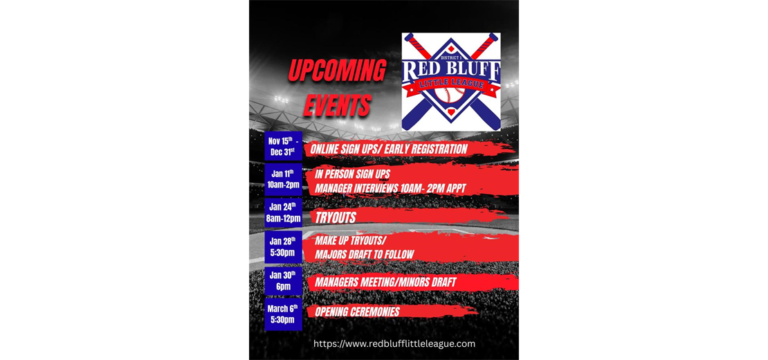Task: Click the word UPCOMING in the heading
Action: point(337,71)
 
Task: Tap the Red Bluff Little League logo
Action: point(451,82)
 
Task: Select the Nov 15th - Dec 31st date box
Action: point(283,147)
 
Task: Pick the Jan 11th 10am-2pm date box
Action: point(283,179)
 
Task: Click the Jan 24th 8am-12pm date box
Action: point(283,213)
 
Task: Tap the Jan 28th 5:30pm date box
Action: point(283,247)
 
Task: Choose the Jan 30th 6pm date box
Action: point(283,280)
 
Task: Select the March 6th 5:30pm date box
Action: point(283,314)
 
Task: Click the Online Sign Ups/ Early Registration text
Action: point(389,149)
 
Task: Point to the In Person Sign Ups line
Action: point(353,174)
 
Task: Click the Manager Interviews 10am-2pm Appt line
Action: point(390,188)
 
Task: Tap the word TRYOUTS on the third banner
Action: point(336,218)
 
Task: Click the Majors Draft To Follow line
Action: point(364,255)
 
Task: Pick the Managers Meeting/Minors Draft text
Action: point(385,282)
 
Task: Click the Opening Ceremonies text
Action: point(357,312)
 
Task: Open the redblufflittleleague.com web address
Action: point(394,344)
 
